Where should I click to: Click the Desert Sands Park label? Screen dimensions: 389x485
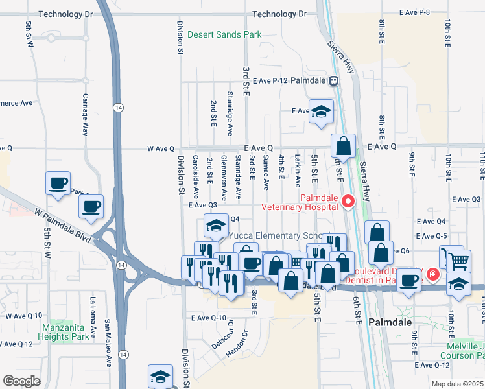click(x=224, y=34)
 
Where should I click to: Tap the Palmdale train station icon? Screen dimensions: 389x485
click(x=333, y=81)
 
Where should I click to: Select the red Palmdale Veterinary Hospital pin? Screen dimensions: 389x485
click(x=348, y=202)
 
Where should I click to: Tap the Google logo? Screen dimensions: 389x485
click(x=20, y=381)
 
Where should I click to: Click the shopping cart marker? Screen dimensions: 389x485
click(x=458, y=260)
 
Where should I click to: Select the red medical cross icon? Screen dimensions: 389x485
click(x=432, y=275)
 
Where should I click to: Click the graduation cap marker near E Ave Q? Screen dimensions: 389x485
click(x=320, y=112)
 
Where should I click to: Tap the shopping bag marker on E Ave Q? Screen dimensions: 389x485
click(x=344, y=146)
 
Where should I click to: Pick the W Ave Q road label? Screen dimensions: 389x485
click(x=161, y=148)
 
